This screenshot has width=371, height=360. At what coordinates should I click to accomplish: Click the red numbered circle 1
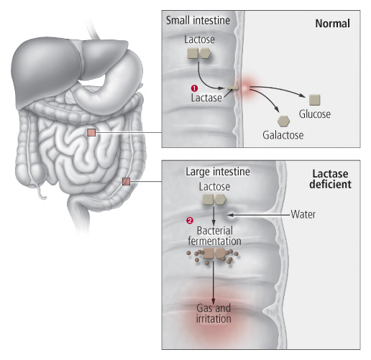click(194, 88)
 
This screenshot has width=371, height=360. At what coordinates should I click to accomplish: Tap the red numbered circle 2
click(190, 221)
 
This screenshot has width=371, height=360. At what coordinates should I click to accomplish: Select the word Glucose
click(314, 114)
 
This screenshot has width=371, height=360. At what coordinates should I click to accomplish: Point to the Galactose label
click(283, 135)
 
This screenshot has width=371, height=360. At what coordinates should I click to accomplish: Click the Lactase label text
click(206, 98)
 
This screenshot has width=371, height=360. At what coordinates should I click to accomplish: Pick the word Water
click(303, 214)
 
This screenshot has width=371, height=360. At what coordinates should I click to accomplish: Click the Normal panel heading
click(332, 24)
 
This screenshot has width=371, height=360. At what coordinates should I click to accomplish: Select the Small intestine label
click(198, 20)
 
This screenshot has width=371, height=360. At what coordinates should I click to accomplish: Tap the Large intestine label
click(218, 172)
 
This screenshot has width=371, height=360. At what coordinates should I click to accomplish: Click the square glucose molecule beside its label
click(314, 100)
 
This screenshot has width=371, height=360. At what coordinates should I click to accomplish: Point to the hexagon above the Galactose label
click(283, 121)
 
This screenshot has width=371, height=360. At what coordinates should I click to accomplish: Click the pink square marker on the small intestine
click(91, 132)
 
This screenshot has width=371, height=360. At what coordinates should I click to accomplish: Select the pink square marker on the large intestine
click(126, 181)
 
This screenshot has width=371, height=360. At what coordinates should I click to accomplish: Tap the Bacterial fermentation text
click(214, 236)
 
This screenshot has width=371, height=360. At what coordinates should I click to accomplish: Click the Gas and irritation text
click(214, 313)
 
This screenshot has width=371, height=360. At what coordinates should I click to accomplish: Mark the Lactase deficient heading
click(330, 179)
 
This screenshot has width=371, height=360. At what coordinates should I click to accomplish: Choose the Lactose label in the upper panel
click(199, 40)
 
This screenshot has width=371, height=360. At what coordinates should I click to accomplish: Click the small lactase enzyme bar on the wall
click(233, 88)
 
